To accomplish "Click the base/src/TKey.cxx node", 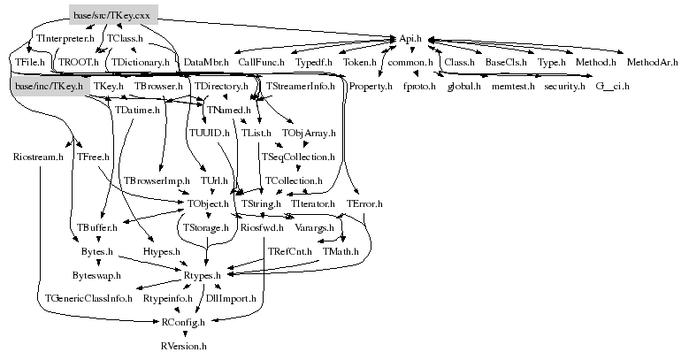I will point(113,14).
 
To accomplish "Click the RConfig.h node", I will point(184,323).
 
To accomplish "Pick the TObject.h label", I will point(208,204).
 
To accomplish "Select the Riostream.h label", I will point(39,157).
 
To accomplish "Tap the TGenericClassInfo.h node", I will point(89,300).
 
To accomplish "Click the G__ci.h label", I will point(612,86).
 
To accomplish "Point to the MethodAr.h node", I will point(652,63).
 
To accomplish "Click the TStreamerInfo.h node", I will point(301,86).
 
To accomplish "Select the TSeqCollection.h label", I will point(297,157).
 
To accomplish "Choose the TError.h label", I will point(364,204).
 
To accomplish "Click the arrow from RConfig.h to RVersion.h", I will point(186,334).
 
